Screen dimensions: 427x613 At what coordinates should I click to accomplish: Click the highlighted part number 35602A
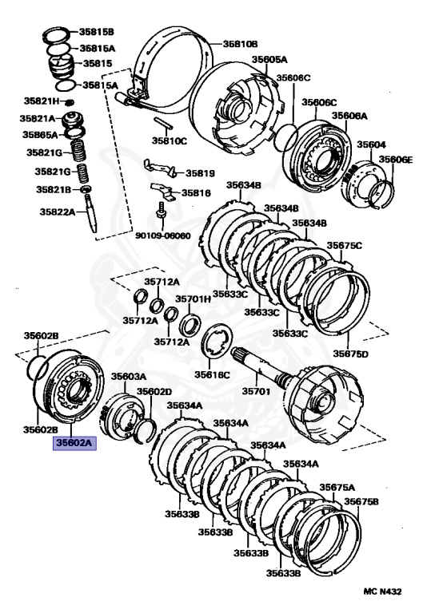click(x=74, y=443)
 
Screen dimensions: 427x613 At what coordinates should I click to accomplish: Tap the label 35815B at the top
click(x=97, y=32)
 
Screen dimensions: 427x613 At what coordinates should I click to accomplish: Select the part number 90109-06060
click(x=163, y=235)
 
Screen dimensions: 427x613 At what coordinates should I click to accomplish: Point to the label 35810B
click(x=240, y=43)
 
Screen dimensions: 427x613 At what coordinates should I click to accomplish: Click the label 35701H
click(x=193, y=299)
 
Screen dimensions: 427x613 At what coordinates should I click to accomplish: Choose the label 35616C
click(x=213, y=374)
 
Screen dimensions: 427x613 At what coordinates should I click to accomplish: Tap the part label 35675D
click(x=351, y=354)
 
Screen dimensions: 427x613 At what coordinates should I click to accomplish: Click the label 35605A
click(x=269, y=59)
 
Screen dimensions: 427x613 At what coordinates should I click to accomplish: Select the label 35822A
click(x=58, y=212)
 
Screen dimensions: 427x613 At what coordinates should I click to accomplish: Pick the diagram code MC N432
click(x=382, y=591)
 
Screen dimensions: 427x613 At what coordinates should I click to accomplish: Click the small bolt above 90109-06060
click(x=161, y=211)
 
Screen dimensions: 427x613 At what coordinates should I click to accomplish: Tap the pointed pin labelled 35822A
click(x=90, y=213)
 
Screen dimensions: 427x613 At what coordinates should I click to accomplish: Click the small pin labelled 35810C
click(x=162, y=123)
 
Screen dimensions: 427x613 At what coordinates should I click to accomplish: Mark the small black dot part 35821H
click(x=69, y=102)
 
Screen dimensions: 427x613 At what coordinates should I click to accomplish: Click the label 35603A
click(x=129, y=376)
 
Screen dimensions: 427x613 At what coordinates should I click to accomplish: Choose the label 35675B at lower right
click(x=361, y=501)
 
